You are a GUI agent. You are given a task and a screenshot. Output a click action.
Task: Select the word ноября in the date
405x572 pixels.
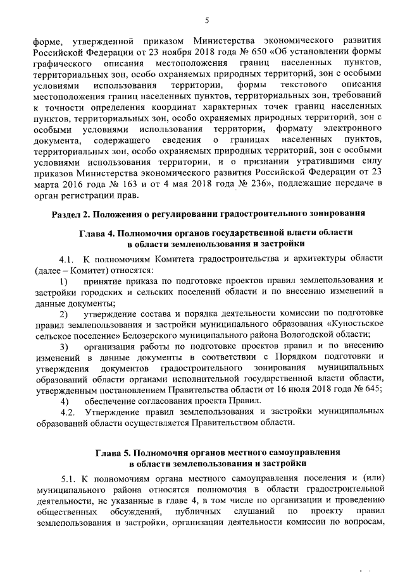click(186, 51)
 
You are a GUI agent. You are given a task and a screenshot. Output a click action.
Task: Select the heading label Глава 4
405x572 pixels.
click(101, 233)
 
